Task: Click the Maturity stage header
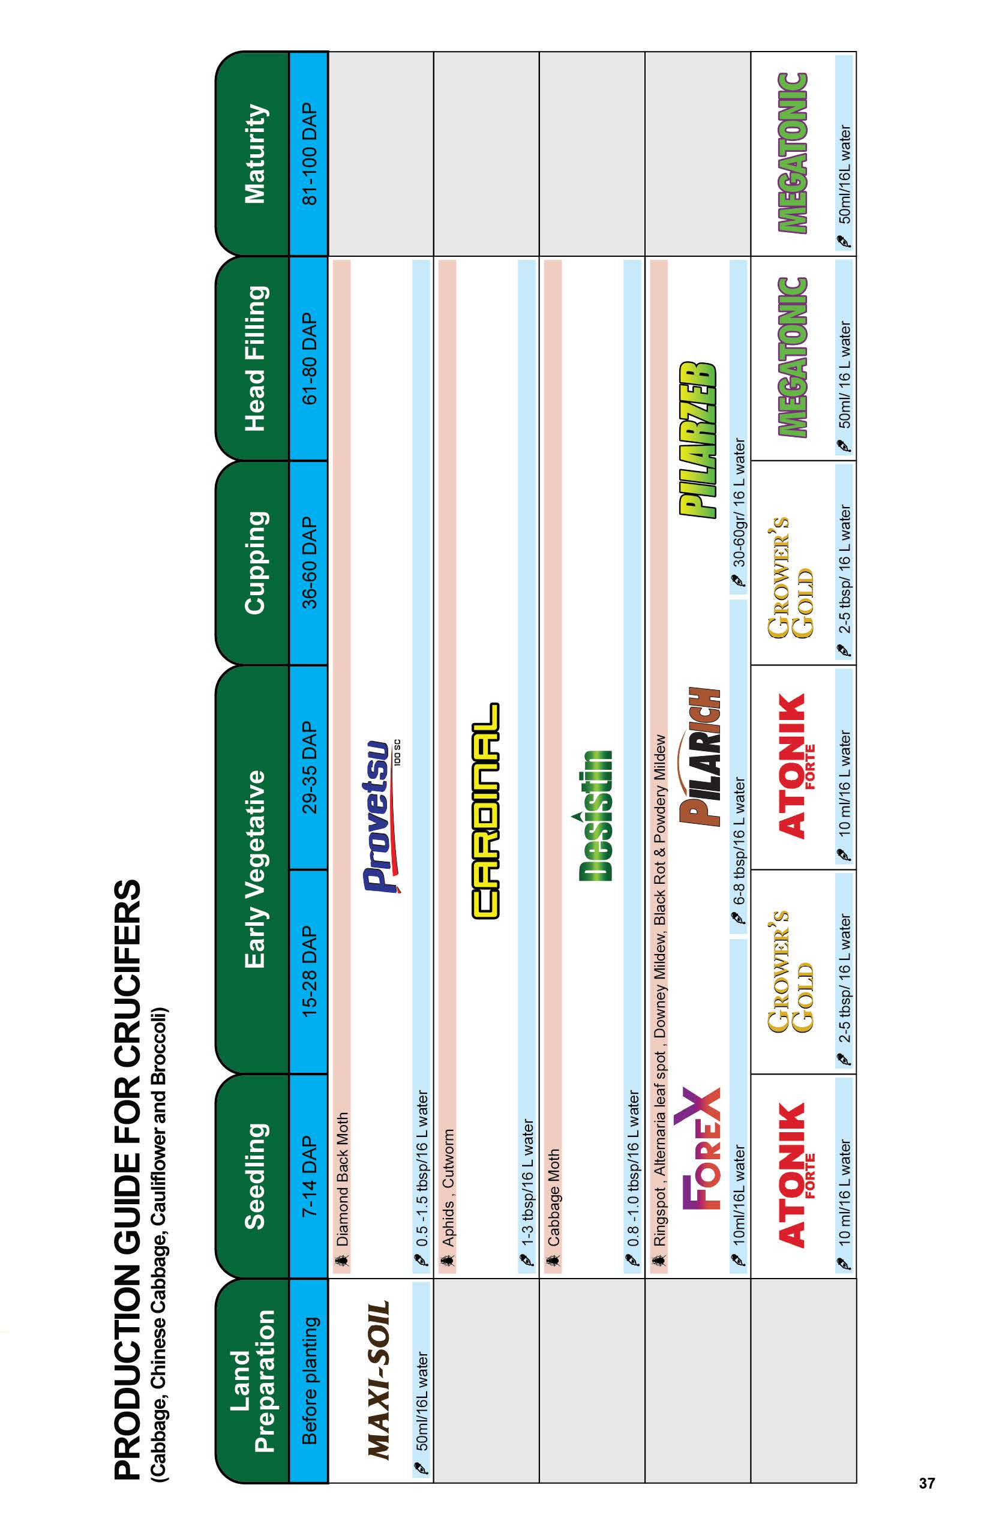tap(254, 154)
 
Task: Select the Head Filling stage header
tap(254, 358)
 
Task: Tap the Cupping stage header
tap(254, 563)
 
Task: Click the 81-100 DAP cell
tap(309, 154)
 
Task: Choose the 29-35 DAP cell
tap(309, 767)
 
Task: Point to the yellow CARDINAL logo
tap(485, 810)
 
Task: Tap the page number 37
tap(926, 1483)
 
